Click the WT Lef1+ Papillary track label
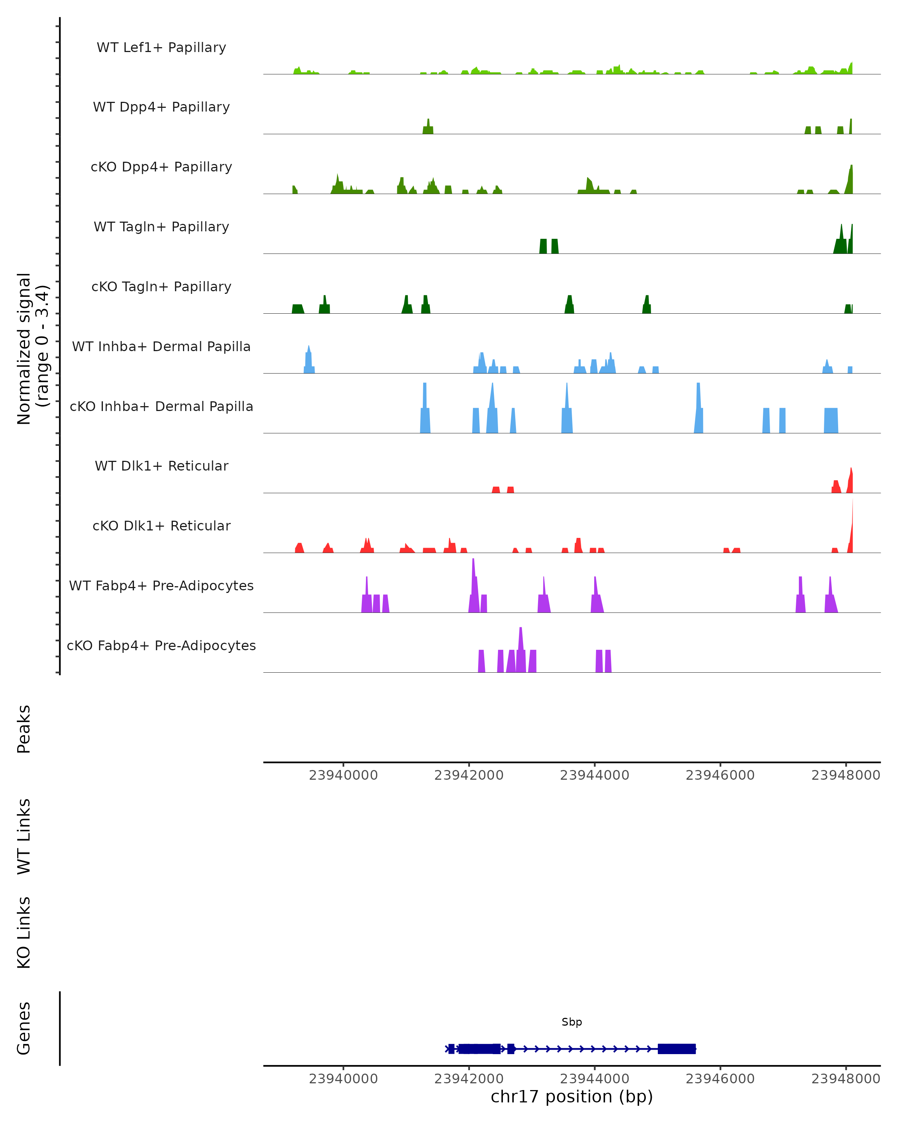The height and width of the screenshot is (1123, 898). point(161,48)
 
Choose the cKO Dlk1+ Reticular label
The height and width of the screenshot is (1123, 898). point(161,526)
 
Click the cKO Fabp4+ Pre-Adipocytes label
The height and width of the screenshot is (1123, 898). point(161,645)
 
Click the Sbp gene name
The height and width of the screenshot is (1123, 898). point(572,1022)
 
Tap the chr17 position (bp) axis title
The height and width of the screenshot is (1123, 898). point(572,1096)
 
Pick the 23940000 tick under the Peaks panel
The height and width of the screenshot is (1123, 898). point(343,775)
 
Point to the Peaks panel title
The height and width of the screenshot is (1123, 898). point(24,729)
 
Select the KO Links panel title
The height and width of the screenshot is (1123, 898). point(24,932)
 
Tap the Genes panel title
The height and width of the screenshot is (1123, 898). point(24,1028)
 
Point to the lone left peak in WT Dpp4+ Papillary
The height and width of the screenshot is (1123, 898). point(428,127)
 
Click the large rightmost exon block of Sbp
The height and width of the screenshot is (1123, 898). point(676,1049)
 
